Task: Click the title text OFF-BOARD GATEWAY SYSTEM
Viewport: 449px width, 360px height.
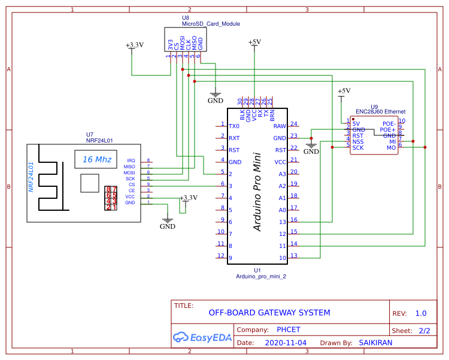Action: pos(269,313)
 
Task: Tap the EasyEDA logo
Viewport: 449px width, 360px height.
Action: pos(202,337)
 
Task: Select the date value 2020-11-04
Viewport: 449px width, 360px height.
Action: pos(285,343)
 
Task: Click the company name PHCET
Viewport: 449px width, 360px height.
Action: pos(289,329)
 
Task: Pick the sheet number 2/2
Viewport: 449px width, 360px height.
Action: pos(424,330)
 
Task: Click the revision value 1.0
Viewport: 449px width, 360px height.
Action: pos(420,313)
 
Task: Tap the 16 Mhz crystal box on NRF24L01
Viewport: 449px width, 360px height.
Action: pos(96,159)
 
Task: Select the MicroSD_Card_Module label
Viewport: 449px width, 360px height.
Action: pos(211,24)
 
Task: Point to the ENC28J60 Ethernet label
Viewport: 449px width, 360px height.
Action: pos(380,111)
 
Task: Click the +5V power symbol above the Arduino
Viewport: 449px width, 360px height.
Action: pos(254,43)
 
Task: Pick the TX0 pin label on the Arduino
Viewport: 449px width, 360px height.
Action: pos(234,126)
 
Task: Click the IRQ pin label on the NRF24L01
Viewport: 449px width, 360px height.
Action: pos(131,161)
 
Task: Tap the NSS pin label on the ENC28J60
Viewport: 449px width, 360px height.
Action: pos(358,141)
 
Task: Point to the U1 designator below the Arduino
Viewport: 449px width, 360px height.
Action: pos(257,270)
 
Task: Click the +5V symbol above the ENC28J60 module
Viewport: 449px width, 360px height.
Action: pos(344,92)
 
